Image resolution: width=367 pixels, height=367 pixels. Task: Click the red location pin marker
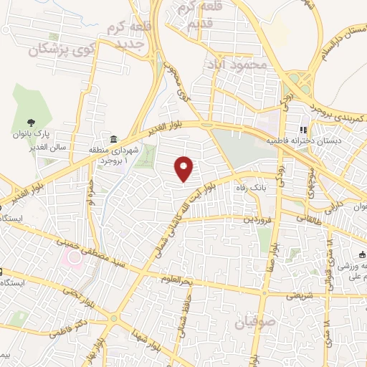[185, 169]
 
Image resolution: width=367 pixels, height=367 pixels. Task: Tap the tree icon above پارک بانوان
[31, 122]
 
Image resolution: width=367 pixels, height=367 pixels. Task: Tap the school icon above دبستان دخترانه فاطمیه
[303, 130]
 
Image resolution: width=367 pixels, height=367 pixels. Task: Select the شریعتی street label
[300, 294]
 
